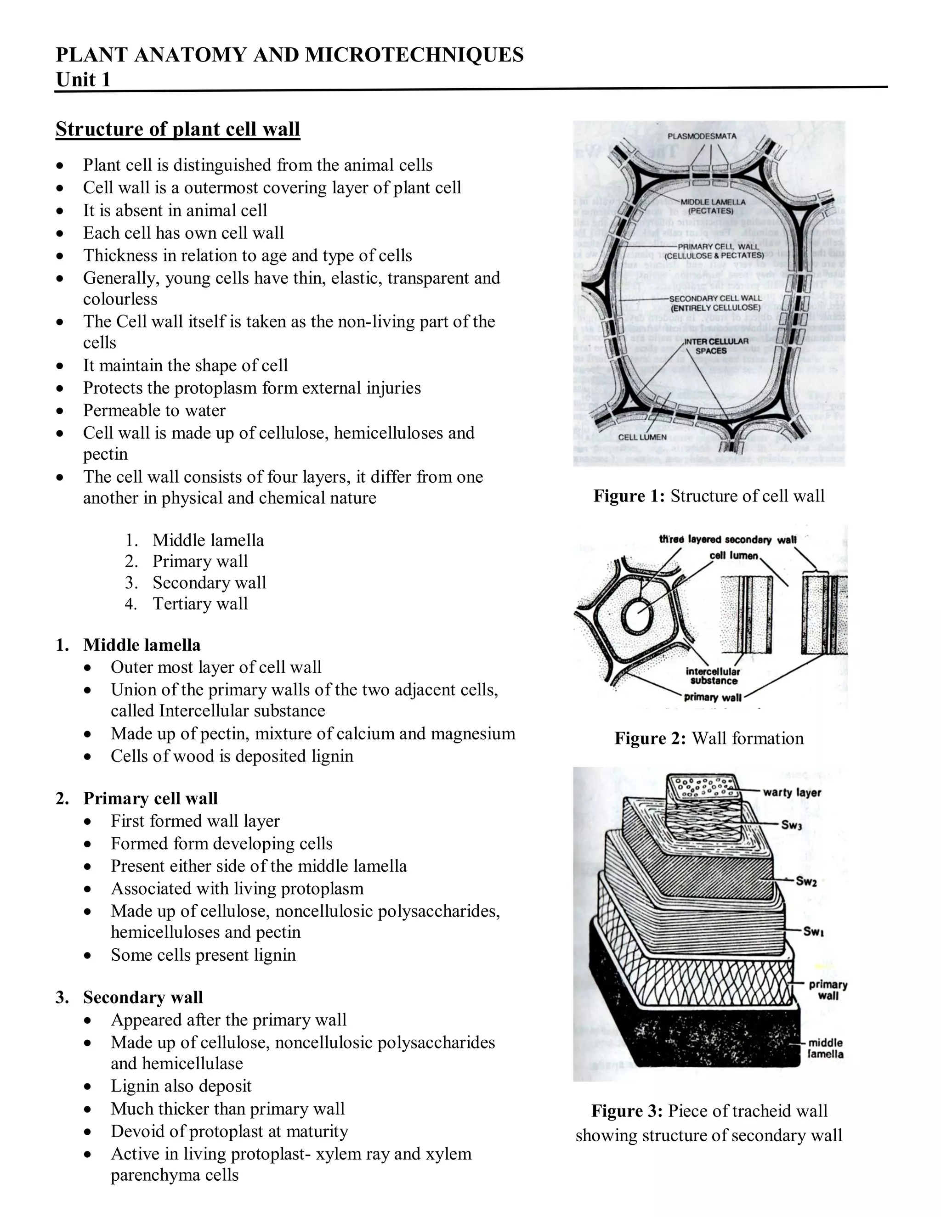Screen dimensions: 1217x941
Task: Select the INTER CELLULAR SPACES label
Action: [711, 346]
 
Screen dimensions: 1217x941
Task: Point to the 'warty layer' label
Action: [792, 792]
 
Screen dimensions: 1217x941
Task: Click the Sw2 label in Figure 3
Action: [806, 881]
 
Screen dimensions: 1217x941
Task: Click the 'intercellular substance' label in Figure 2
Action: [713, 676]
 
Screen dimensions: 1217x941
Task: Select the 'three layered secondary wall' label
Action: [727, 540]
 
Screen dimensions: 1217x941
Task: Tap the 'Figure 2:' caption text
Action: [650, 738]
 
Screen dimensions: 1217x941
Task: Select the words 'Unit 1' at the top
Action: [83, 80]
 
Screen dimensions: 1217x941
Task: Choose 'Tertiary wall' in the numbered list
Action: [200, 603]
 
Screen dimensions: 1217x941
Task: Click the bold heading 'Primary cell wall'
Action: [150, 798]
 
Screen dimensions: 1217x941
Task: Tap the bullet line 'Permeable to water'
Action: [154, 410]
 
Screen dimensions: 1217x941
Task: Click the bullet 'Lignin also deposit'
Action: [181, 1086]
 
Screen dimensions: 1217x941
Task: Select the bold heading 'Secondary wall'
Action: [143, 997]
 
